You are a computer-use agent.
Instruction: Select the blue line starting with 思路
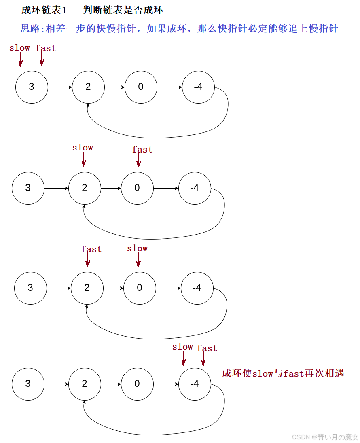179,29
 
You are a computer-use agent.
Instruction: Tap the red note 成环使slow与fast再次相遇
283,373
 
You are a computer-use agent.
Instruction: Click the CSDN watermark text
325,437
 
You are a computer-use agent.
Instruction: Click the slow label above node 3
19,48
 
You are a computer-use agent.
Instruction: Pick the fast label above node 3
46,48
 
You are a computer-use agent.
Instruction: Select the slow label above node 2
83,148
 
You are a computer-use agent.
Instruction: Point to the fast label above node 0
142,150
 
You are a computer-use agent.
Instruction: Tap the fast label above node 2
91,249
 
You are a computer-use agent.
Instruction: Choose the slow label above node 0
137,248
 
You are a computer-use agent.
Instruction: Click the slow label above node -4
182,347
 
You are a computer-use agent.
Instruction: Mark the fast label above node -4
207,348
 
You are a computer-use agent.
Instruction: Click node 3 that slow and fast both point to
32,87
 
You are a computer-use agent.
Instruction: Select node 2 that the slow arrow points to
85,188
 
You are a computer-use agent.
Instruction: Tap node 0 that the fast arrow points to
137,188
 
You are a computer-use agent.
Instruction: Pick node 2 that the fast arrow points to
87,288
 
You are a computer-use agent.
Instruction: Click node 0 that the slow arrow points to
140,288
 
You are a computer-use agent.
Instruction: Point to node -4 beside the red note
195,384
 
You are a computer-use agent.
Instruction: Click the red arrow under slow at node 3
20,59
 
